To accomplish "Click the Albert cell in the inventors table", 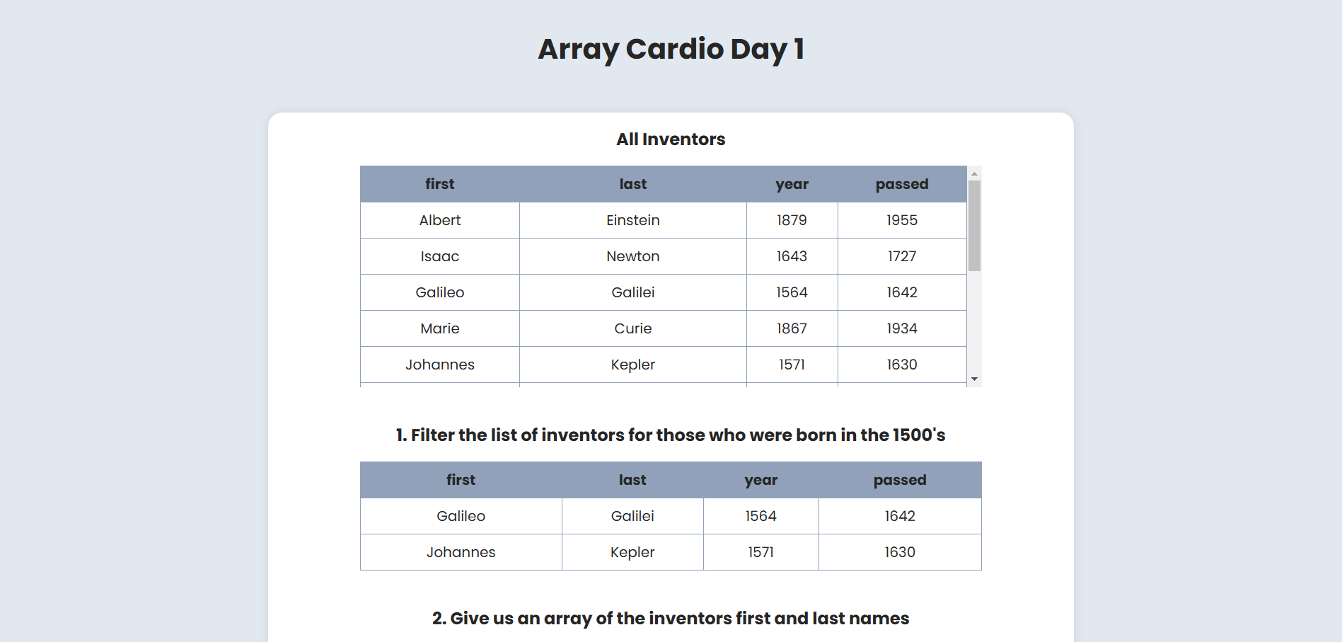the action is tap(439, 220).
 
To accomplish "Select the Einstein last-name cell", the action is tap(633, 220).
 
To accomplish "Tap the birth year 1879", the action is tap(792, 220).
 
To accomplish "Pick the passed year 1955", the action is tap(902, 220).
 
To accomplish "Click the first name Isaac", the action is tap(439, 256).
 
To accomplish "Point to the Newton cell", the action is tap(633, 256).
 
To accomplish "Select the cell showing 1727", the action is tap(902, 256).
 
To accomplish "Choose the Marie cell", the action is tap(439, 328).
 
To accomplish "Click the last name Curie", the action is tap(633, 328).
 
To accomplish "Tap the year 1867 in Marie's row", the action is tap(792, 328).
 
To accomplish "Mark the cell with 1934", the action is tap(902, 328).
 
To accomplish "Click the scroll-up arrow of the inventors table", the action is tap(974, 173).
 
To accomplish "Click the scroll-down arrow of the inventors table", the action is tap(974, 379).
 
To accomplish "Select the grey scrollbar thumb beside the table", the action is tap(974, 226).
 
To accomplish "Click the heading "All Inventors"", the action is tap(671, 139).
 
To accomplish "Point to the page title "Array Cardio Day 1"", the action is tap(671, 50).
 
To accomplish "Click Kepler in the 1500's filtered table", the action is tap(632, 552).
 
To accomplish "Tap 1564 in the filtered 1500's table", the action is tap(760, 516).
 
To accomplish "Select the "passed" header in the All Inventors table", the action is tap(902, 184).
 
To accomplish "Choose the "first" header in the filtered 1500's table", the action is tap(461, 480).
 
